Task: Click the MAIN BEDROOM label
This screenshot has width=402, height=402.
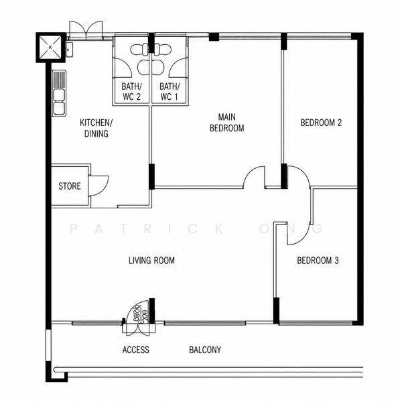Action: point(227,123)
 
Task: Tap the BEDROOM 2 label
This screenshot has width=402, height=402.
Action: point(321,123)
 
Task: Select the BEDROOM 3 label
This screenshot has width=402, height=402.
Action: point(318,261)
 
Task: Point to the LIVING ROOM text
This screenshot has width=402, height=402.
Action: point(151,261)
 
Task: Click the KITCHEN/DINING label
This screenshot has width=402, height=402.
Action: point(96,128)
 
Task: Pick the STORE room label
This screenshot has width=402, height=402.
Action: point(70,186)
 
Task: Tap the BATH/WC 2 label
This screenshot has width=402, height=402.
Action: point(131,92)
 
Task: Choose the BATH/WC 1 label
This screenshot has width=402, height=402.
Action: point(170,92)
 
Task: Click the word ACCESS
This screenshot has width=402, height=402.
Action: point(135,350)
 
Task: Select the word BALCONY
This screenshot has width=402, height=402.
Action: point(205,350)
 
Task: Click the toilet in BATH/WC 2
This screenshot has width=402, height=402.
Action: point(140,49)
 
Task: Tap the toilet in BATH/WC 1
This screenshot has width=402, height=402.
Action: point(162,49)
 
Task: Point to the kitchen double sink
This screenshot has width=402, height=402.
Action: point(59,93)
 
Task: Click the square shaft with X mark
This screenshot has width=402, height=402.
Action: point(50,47)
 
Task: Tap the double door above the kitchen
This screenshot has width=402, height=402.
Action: point(86,30)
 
